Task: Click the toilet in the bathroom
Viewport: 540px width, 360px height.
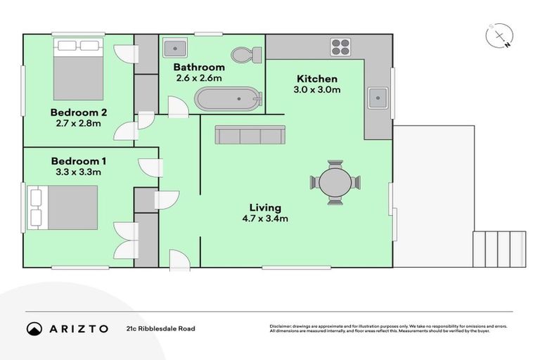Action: click(246, 54)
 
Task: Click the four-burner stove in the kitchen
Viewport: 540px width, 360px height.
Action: click(341, 47)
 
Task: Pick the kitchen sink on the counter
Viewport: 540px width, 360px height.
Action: click(377, 97)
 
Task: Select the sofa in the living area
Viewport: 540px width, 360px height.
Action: click(250, 135)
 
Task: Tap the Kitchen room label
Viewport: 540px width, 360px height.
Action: click(316, 79)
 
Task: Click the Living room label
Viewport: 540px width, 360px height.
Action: click(265, 207)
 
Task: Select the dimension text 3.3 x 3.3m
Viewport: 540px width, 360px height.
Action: click(77, 172)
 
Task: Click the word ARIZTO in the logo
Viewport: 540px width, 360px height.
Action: click(78, 328)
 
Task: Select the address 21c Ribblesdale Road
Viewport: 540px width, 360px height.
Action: click(160, 328)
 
